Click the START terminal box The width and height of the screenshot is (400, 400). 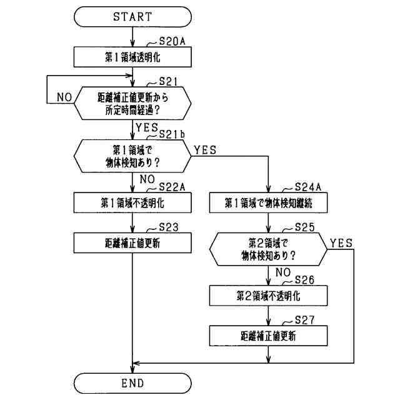tap(132, 17)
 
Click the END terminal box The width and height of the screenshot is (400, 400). tap(132, 382)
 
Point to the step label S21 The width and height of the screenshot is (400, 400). tap(169, 81)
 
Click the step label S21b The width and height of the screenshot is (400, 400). tap(172, 134)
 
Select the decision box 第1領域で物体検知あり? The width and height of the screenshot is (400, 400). tap(132, 156)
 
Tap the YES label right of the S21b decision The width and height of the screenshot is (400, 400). tap(206, 150)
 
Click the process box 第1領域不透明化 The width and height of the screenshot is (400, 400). tap(132, 202)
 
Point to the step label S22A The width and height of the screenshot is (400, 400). tap(173, 187)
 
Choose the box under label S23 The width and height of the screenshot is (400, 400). tap(132, 243)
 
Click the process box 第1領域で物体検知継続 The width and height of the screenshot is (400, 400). tap(268, 202)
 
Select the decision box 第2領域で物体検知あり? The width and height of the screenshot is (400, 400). tap(268, 249)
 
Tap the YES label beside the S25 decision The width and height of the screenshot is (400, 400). tap(341, 242)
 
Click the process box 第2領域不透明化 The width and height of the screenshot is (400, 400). tap(268, 294)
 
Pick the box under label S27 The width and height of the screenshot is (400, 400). tap(268, 336)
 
